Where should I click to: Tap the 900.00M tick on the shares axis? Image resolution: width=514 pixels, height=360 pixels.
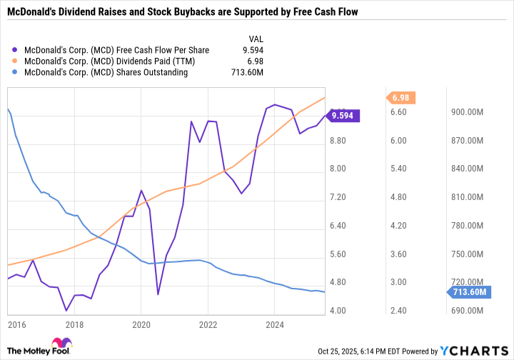pos(466,112)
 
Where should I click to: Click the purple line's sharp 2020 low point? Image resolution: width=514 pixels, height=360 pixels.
pos(158,294)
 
